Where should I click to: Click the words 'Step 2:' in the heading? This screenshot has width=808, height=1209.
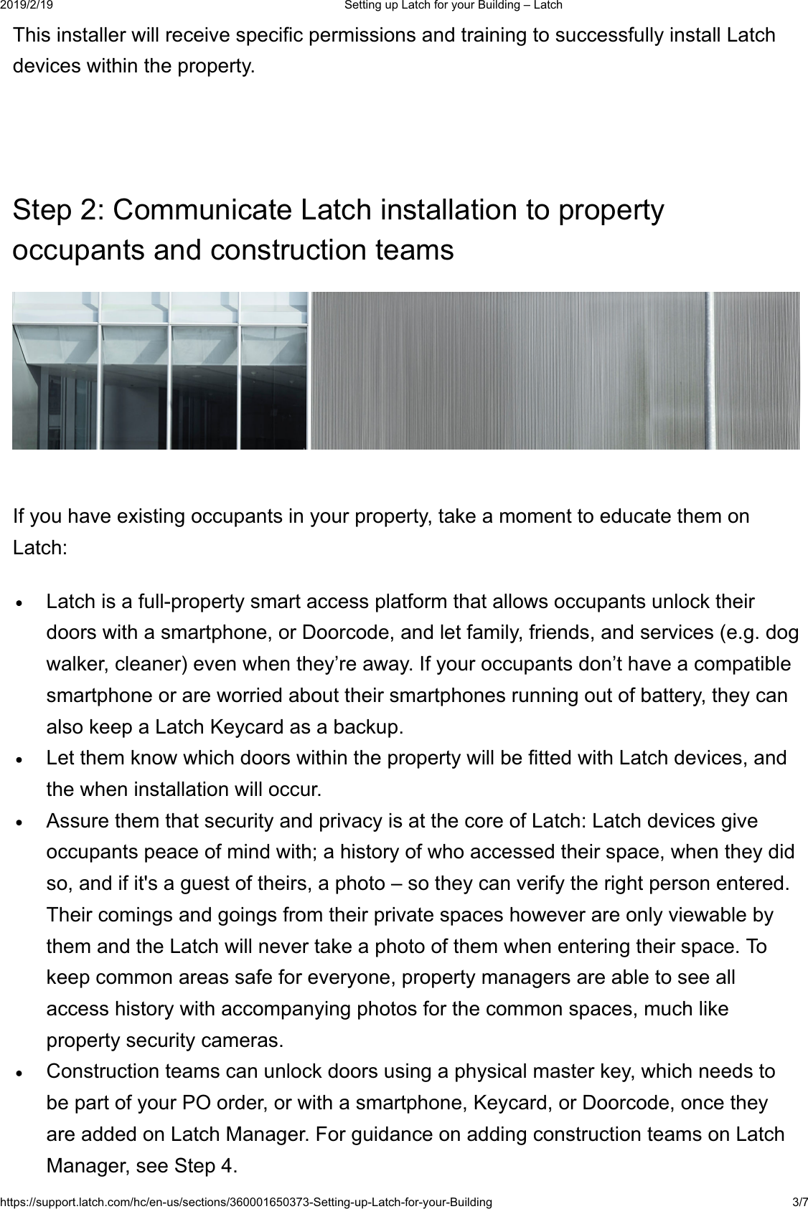(58, 211)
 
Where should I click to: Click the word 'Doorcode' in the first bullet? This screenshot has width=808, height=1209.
(347, 633)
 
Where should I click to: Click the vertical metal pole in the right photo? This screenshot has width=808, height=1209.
(709, 370)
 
